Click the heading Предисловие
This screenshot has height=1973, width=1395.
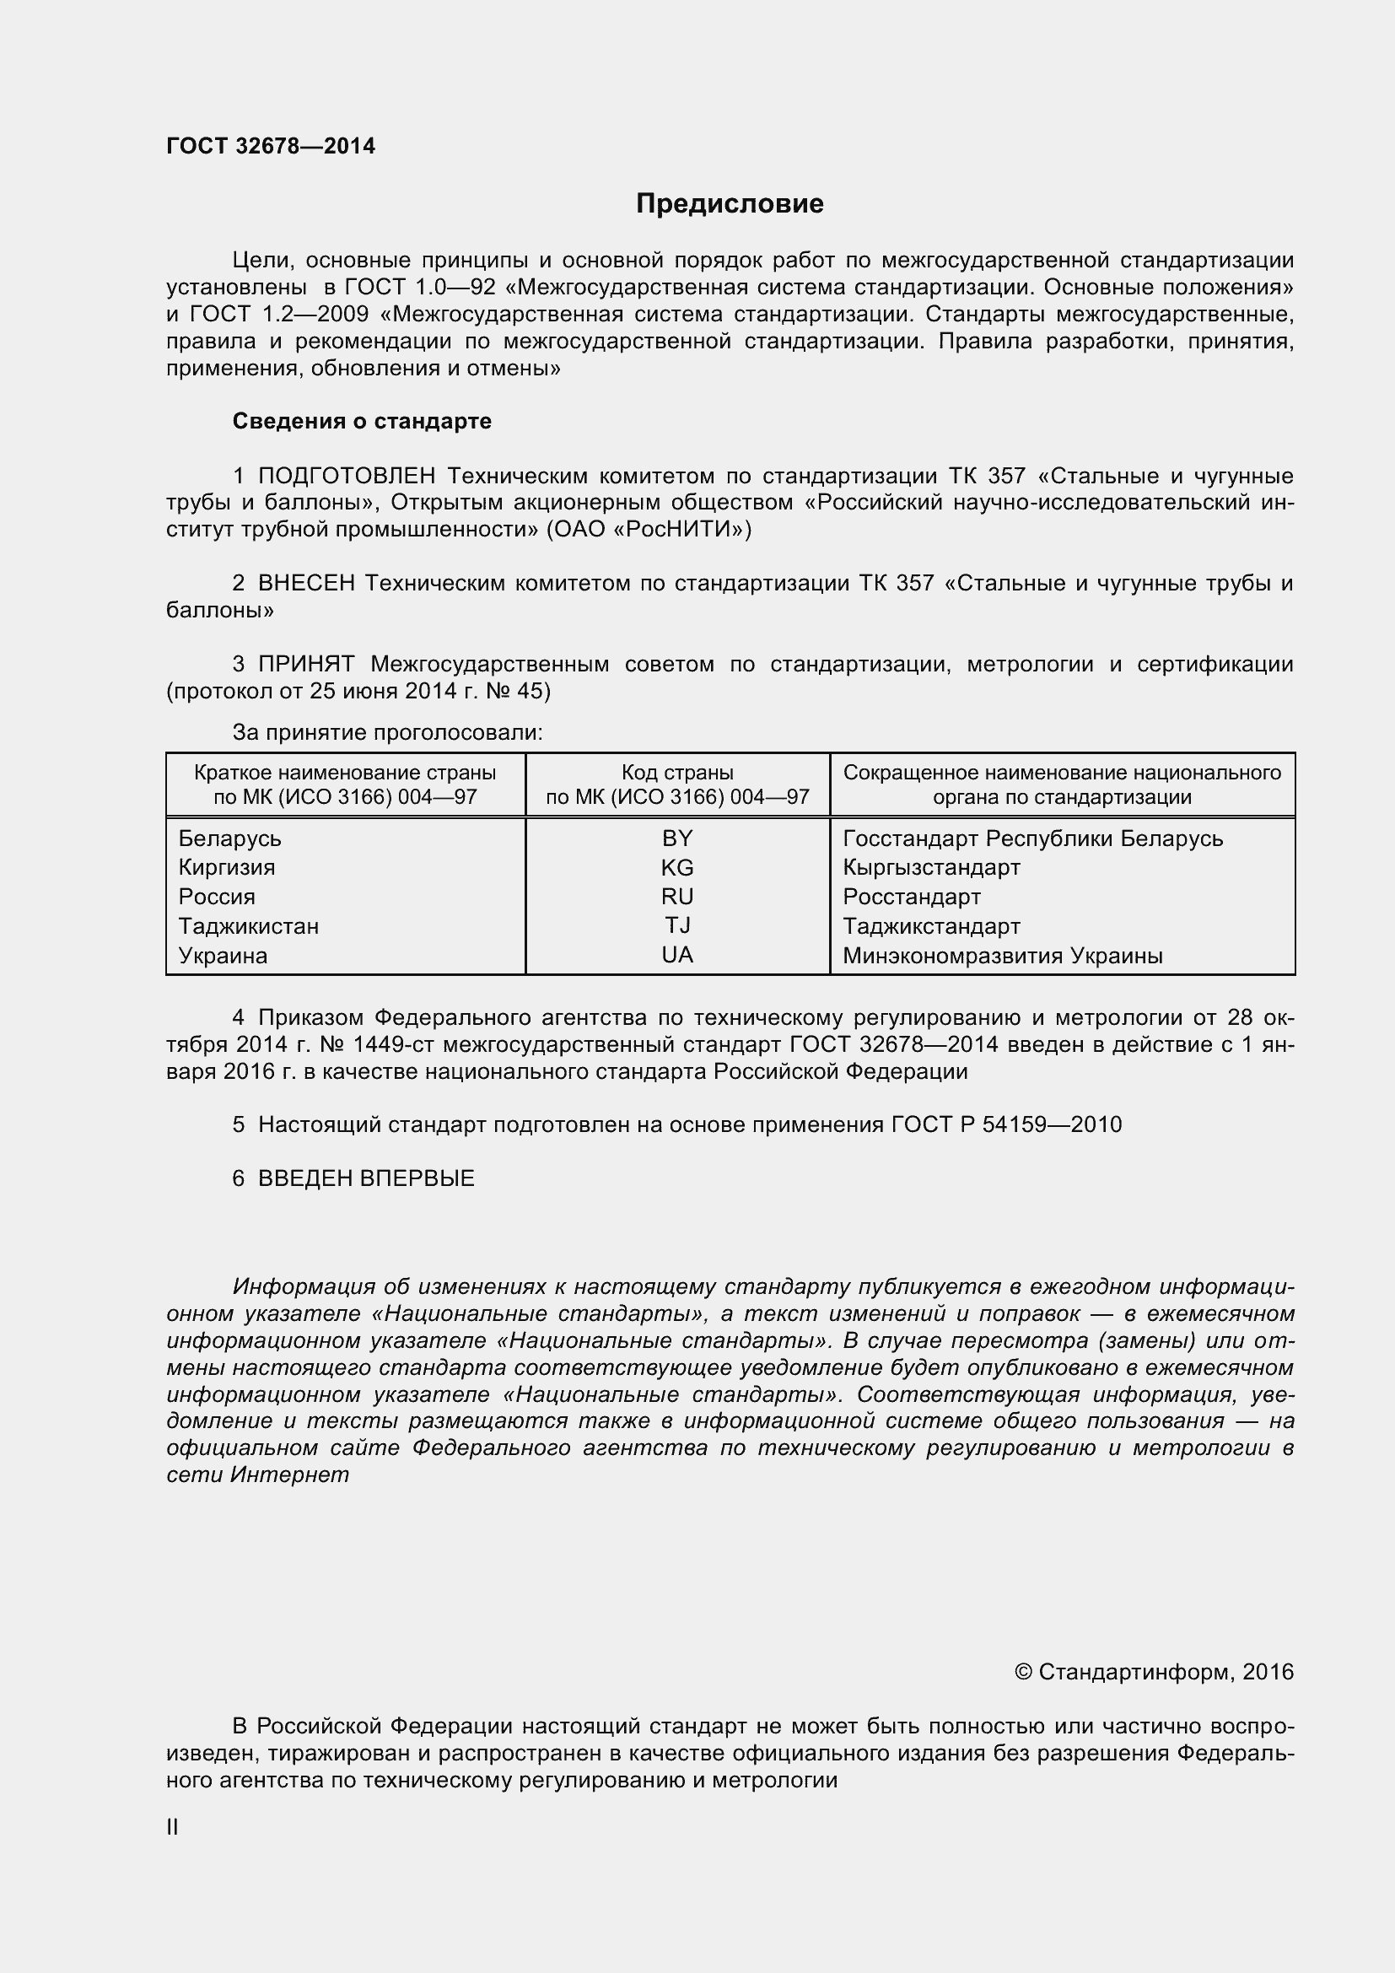click(730, 203)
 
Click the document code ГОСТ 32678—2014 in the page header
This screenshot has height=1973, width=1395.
click(271, 146)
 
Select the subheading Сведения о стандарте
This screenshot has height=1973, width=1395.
click(362, 421)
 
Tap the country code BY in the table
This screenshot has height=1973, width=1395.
click(677, 838)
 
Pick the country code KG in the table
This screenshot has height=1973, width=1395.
click(677, 867)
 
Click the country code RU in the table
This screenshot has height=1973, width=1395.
click(677, 897)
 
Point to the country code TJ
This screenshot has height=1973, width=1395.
click(677, 925)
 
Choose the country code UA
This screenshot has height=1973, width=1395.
click(677, 955)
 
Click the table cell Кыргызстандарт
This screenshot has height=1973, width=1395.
click(931, 867)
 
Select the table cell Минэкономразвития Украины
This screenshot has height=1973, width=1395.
click(1003, 956)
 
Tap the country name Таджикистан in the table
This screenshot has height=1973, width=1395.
click(248, 926)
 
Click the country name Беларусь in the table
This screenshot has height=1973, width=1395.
click(229, 838)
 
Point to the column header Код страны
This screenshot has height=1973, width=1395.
click(677, 772)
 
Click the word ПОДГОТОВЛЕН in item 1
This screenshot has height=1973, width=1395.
click(347, 475)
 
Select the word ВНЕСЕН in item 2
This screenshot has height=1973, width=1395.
click(307, 583)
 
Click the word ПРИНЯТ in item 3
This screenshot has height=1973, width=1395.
click(307, 663)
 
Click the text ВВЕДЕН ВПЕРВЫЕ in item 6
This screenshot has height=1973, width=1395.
click(366, 1178)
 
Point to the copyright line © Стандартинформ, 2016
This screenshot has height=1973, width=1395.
click(1154, 1671)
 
